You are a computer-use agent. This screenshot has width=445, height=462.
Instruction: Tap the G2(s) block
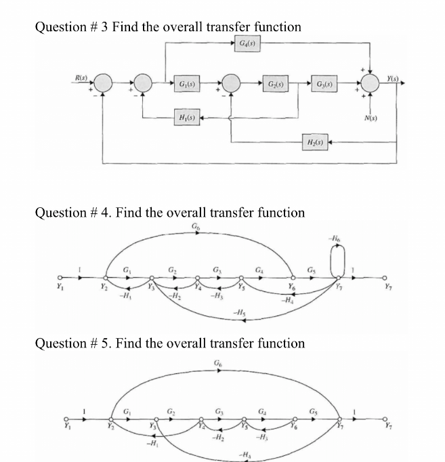[x=274, y=83]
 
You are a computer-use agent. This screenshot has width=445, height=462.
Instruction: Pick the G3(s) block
[x=324, y=83]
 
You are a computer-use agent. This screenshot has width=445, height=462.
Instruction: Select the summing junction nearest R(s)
[x=104, y=83]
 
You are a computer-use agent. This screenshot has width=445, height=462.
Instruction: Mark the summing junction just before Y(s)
[x=371, y=83]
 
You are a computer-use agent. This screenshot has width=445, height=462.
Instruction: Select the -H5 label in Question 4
[x=239, y=312]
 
